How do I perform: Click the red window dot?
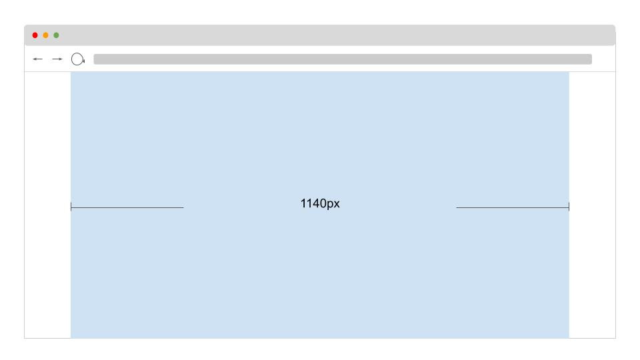click(x=35, y=35)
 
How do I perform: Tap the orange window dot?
click(x=45, y=35)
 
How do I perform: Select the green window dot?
click(x=56, y=35)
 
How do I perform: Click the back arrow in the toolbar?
click(x=37, y=59)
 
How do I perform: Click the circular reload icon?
click(x=78, y=59)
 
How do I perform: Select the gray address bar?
click(x=342, y=59)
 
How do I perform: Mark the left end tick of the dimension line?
click(x=71, y=207)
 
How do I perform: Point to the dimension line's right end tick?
click(x=569, y=207)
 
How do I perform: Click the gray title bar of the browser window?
click(x=333, y=35)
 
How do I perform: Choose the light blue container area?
click(x=320, y=133)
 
